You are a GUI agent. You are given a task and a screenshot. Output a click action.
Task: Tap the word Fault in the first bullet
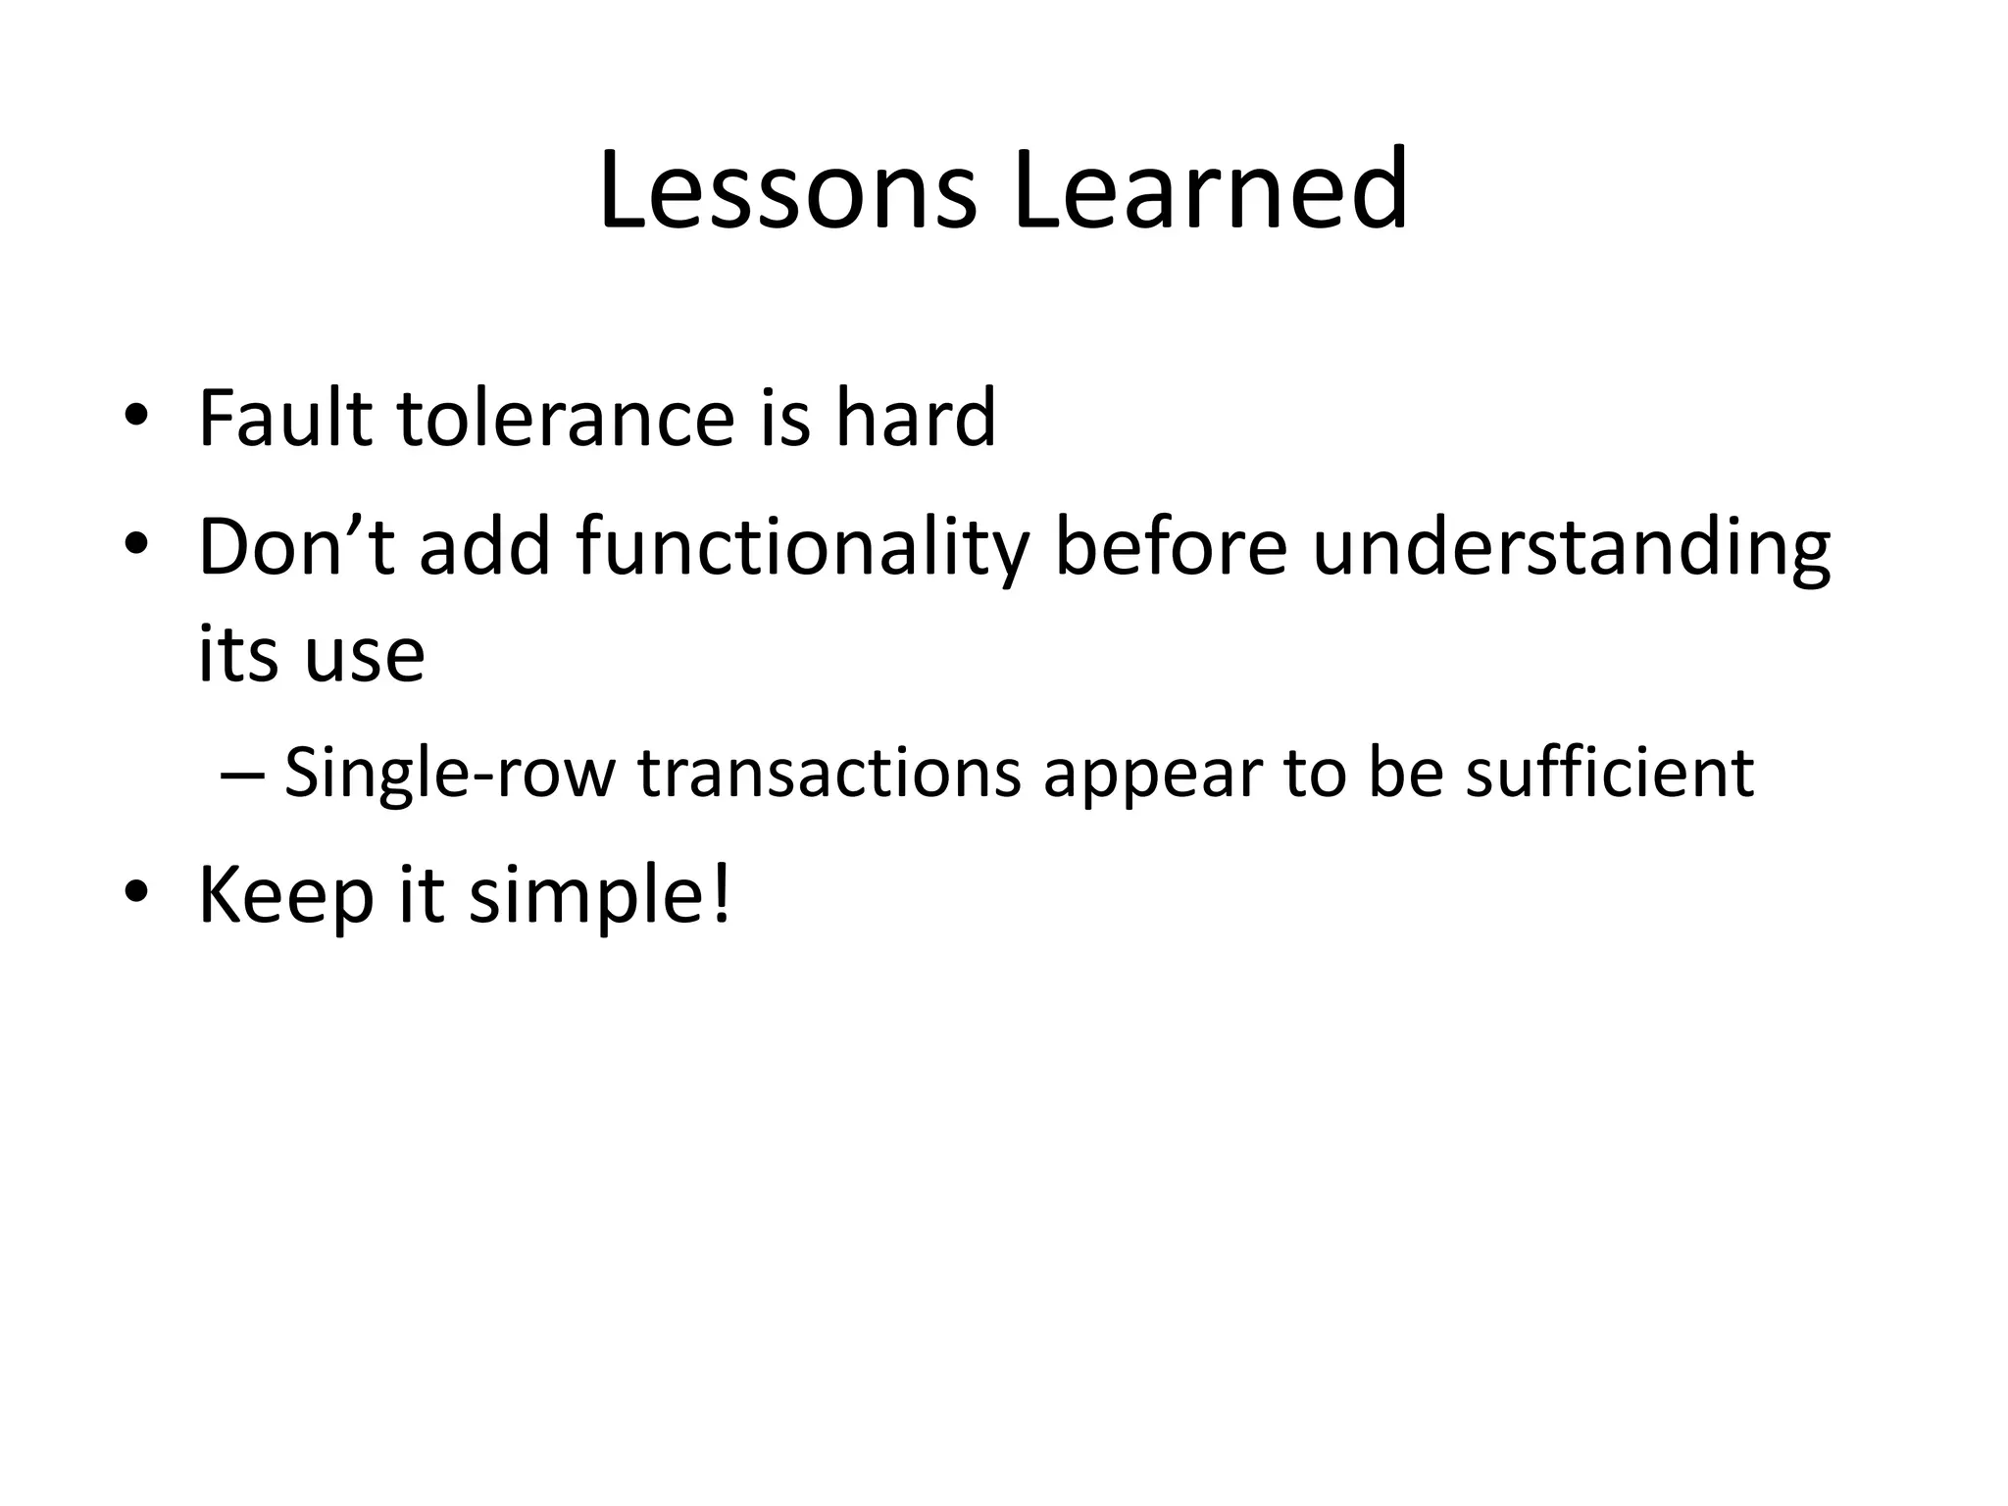285,419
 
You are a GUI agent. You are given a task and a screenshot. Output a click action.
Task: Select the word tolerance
566,419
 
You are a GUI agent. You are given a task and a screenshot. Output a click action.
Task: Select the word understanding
1570,549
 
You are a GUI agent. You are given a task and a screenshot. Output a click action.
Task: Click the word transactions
828,773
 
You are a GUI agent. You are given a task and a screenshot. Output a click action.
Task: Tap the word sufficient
1609,773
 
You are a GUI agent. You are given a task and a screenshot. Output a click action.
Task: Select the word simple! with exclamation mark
599,898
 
